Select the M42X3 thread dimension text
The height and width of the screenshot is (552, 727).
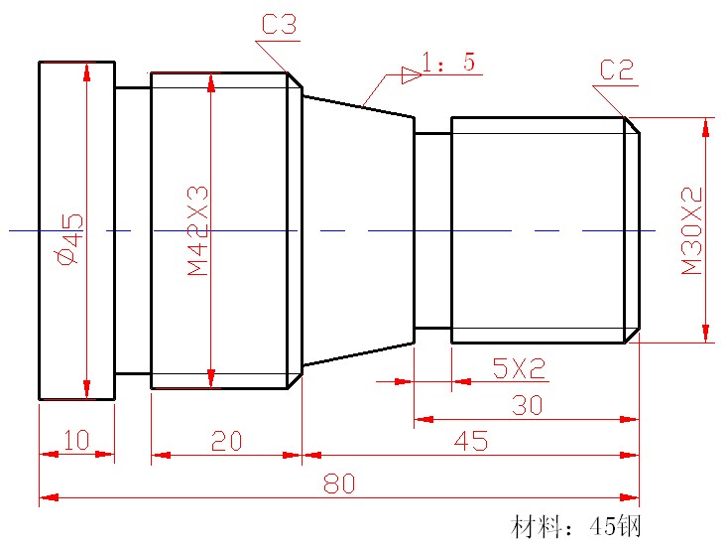(x=197, y=229)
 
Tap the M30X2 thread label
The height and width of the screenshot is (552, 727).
(x=691, y=230)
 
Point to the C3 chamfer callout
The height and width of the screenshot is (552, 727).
(x=279, y=25)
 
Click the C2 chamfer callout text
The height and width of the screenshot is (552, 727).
(x=616, y=69)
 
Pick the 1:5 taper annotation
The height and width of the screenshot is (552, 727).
(x=448, y=63)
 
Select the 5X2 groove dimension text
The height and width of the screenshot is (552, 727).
(x=520, y=368)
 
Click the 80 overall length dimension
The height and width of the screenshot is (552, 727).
(x=339, y=483)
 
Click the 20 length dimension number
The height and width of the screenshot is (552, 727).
(x=226, y=442)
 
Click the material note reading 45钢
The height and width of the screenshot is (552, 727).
(x=579, y=526)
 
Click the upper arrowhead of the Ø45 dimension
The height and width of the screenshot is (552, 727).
(x=87, y=72)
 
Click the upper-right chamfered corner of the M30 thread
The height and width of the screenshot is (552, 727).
(x=631, y=125)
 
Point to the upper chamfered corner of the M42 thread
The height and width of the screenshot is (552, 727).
(x=295, y=80)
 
